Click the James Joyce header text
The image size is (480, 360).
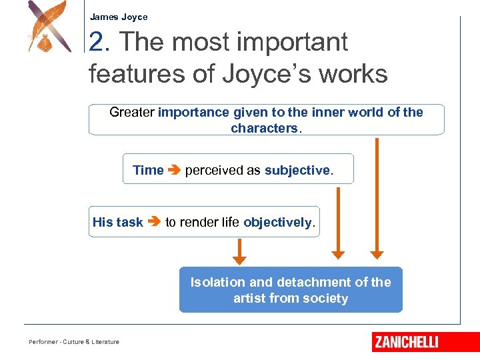point(119,17)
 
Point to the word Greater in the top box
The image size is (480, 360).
point(131,112)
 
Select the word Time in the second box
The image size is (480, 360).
point(148,170)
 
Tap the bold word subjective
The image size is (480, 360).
point(297,170)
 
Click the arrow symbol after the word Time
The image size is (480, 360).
point(174,170)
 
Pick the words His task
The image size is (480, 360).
point(117,222)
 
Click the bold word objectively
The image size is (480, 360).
point(277,222)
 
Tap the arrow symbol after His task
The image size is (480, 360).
point(154,222)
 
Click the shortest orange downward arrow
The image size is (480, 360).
point(239,251)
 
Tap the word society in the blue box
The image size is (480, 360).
point(325,298)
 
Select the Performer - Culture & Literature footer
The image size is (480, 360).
point(74,342)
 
